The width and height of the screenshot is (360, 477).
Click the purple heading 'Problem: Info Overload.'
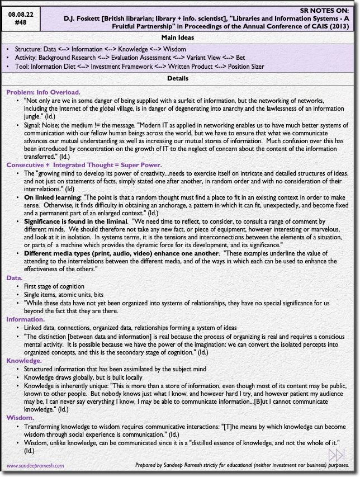click(x=44, y=92)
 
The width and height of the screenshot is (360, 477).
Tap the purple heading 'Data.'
click(x=15, y=277)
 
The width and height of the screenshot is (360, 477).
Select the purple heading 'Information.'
click(x=26, y=319)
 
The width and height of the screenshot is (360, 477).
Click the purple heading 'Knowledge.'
click(x=25, y=361)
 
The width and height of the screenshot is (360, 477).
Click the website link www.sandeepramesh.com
click(x=35, y=465)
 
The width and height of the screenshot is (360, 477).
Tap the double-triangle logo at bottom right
click(x=337, y=455)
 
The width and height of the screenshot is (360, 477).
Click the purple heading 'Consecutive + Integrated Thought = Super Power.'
click(x=84, y=165)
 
